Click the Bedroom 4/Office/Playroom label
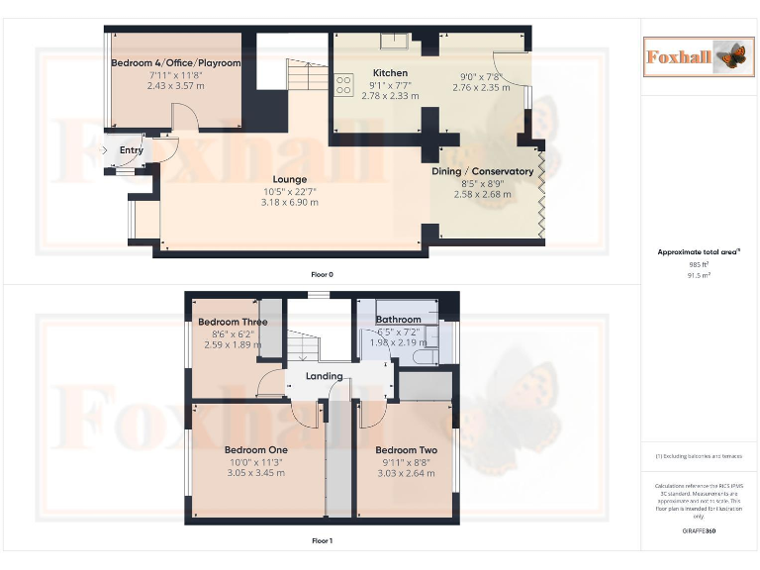click(175, 63)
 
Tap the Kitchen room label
click(390, 73)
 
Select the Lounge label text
click(290, 179)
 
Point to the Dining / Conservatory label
click(482, 171)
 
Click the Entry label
click(131, 150)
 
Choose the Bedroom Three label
click(233, 322)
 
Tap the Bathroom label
click(398, 320)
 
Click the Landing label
click(324, 376)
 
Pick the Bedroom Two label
click(406, 450)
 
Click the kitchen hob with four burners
click(344, 85)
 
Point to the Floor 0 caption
click(322, 274)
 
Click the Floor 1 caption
click(322, 541)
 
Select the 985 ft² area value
click(699, 264)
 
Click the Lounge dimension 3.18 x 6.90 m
click(290, 202)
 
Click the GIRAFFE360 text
click(699, 532)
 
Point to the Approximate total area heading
click(699, 252)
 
